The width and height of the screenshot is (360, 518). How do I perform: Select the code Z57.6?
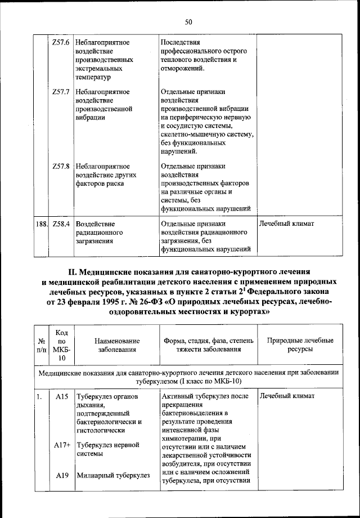click(60, 43)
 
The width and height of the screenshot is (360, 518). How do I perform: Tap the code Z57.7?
click(60, 91)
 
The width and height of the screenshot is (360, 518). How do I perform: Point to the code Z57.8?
click(60, 167)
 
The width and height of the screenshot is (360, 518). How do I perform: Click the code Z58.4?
click(60, 224)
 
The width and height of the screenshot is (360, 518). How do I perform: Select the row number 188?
click(40, 224)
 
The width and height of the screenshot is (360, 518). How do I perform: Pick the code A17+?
click(62, 444)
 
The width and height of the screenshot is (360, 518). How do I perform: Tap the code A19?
click(62, 475)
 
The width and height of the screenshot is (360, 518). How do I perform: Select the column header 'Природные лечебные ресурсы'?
click(300, 345)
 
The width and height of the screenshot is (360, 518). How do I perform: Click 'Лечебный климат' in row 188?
click(286, 224)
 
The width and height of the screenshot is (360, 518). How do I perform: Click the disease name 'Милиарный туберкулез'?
click(113, 475)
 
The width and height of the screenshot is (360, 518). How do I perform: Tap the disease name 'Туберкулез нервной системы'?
click(108, 449)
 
